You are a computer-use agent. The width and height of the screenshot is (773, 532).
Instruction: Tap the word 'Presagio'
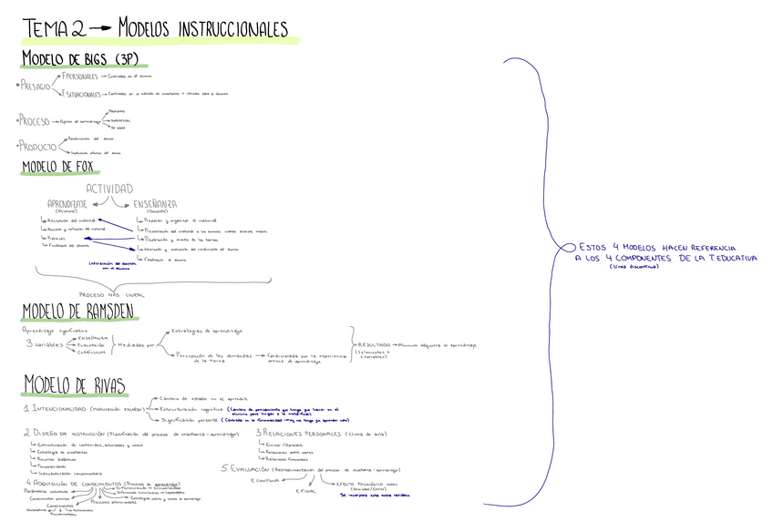36,86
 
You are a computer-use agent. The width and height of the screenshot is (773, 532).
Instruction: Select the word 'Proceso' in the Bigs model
36,120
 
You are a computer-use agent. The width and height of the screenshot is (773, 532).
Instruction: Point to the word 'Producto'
37,146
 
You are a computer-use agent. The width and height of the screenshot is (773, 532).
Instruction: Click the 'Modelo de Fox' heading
60,168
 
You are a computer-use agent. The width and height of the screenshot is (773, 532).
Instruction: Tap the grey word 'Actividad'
108,189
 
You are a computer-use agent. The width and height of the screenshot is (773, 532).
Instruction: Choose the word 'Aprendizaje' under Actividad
67,203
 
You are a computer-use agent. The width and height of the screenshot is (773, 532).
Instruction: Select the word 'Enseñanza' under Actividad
155,203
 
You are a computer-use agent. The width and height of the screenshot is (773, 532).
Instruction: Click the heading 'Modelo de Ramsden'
79,312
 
